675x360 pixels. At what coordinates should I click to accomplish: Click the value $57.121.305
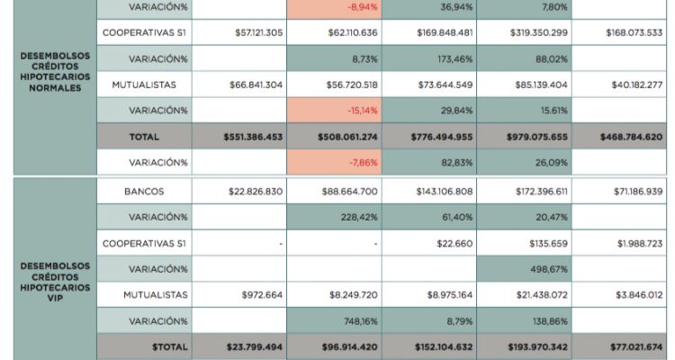tap(259, 32)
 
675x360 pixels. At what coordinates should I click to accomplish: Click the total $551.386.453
tap(253, 137)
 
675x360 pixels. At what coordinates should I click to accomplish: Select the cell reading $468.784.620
tap(631, 137)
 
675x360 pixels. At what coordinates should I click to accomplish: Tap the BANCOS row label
tap(145, 192)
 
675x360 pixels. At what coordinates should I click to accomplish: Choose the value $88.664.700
tap(350, 192)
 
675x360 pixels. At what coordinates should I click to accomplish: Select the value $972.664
tap(263, 294)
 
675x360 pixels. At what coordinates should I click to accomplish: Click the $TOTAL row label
tap(145, 346)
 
